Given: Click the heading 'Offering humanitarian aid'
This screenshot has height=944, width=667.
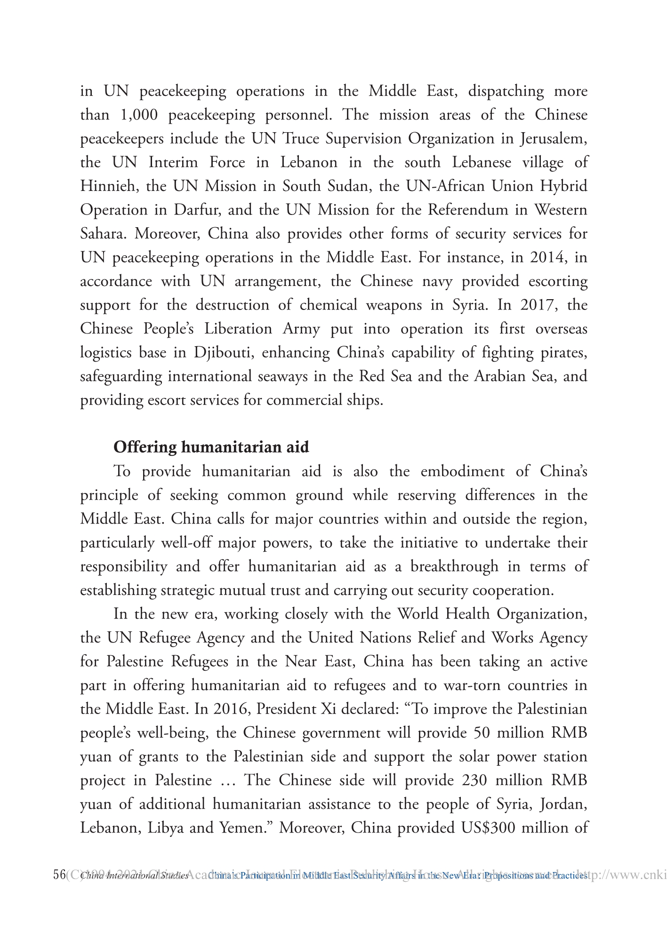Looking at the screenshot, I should point(211,447).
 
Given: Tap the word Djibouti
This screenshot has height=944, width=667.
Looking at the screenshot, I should point(221,353).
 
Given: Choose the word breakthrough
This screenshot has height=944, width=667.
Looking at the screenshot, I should point(454,566).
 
